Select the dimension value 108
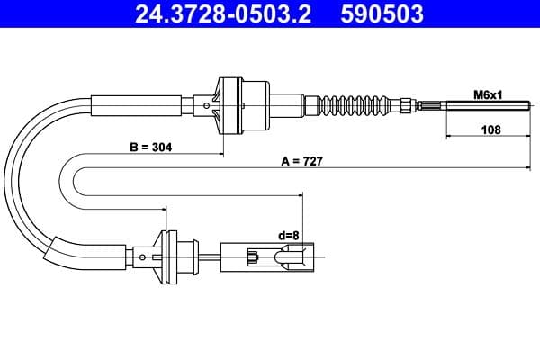click(x=490, y=129)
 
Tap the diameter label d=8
click(x=288, y=236)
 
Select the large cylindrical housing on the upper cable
click(x=256, y=103)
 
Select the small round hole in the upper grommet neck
click(x=209, y=104)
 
